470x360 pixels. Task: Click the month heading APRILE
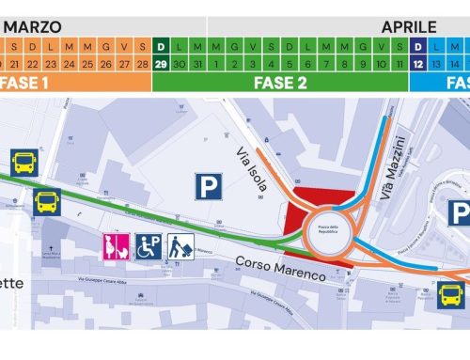(x=409, y=27)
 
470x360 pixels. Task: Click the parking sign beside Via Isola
(x=208, y=184)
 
